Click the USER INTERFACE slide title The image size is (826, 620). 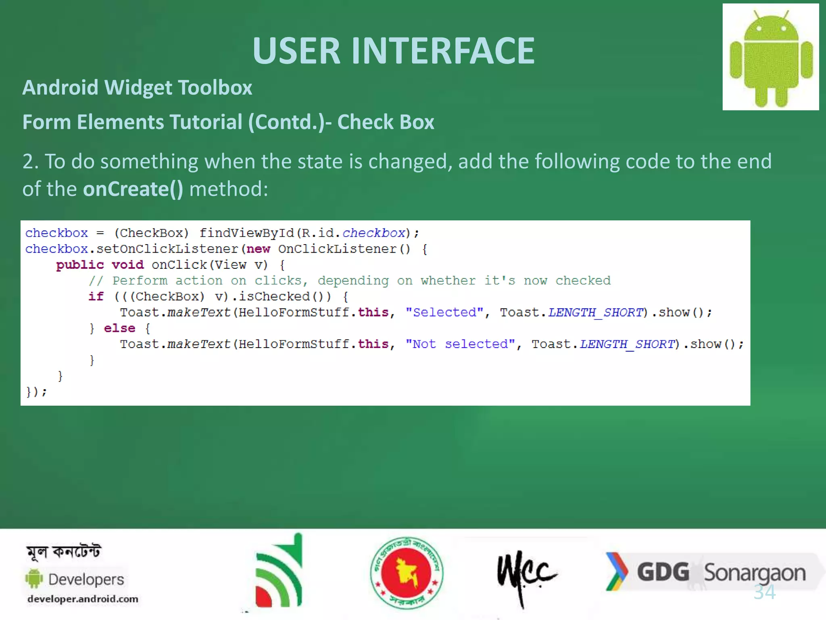click(393, 50)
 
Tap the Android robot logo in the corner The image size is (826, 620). click(771, 57)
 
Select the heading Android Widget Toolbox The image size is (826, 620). click(137, 88)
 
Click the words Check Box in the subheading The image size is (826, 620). click(386, 122)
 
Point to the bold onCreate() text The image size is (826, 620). click(133, 189)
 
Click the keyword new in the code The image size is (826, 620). click(258, 249)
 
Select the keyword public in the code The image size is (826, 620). click(80, 265)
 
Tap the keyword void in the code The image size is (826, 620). click(127, 265)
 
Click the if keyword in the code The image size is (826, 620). click(96, 297)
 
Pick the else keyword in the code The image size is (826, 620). click(119, 328)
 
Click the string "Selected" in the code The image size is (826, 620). click(444, 312)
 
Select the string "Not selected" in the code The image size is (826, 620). click(460, 344)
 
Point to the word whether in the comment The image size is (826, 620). click(448, 281)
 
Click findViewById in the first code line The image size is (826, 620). click(247, 233)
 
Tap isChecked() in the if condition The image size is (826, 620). click(278, 297)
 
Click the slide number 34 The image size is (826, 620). click(765, 592)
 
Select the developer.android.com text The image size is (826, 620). click(83, 599)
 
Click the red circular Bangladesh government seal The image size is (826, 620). click(407, 573)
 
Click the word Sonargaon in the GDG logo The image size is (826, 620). click(755, 573)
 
